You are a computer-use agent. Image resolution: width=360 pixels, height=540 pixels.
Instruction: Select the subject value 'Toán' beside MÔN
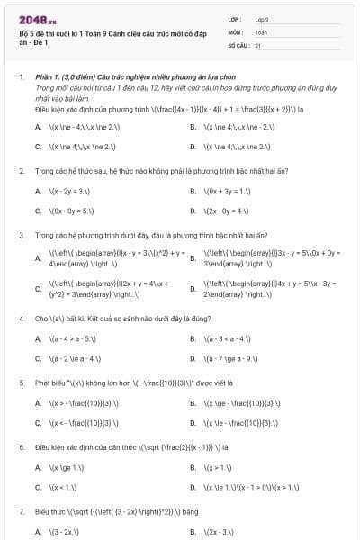[261, 31]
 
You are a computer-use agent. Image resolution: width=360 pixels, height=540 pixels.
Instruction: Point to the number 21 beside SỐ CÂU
[258, 44]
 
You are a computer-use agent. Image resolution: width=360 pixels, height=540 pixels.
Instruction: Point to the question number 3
[22, 235]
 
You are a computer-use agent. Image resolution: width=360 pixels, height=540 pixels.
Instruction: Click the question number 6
[22, 446]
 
